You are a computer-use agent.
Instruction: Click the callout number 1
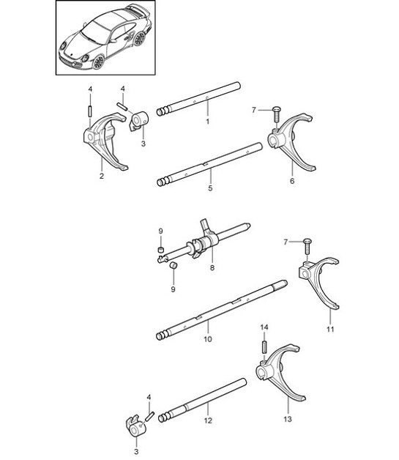point(207,121)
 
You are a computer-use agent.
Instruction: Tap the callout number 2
point(101,176)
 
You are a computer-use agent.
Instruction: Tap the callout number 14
point(265,327)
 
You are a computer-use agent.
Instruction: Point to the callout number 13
point(287,419)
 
